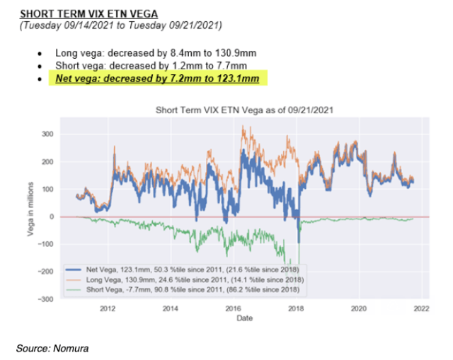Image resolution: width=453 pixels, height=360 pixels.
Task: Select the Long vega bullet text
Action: [149, 54]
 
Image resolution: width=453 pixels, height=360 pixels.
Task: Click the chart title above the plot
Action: [243, 110]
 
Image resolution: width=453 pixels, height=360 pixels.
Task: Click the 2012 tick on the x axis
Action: [108, 308]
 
